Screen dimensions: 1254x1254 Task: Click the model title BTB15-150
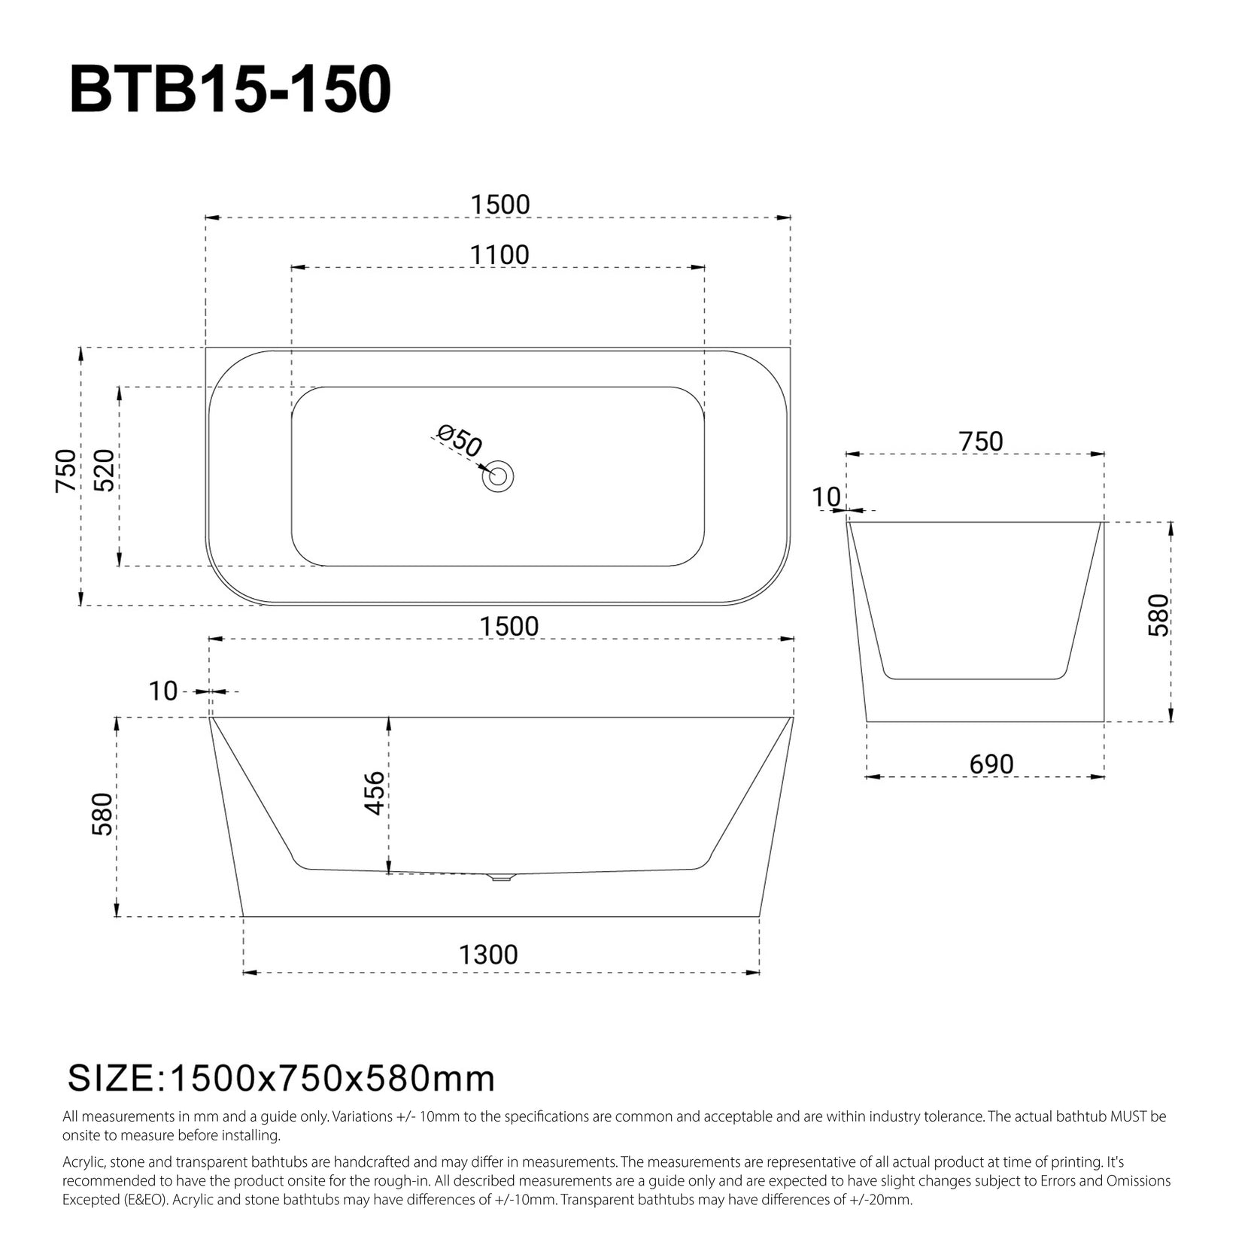click(x=230, y=90)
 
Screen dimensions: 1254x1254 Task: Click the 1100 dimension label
click(x=499, y=255)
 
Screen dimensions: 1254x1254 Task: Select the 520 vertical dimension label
click(x=105, y=470)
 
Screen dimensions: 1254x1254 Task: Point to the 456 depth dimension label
click(x=375, y=794)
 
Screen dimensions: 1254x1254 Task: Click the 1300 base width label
click(x=489, y=955)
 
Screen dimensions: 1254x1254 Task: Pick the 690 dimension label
click(x=991, y=764)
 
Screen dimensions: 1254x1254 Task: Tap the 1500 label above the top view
click(x=500, y=205)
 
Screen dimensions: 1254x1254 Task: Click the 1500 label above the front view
click(x=509, y=626)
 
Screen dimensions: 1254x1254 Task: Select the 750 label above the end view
click(x=981, y=442)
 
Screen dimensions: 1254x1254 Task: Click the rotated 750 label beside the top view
click(x=66, y=470)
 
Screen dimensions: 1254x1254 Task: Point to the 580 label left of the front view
click(x=102, y=814)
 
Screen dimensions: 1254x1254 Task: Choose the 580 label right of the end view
click(x=1159, y=615)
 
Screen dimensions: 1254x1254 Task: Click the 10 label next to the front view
click(x=162, y=691)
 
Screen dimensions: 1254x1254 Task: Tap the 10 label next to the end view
click(x=827, y=497)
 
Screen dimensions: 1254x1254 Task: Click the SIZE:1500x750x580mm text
click(x=282, y=1079)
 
